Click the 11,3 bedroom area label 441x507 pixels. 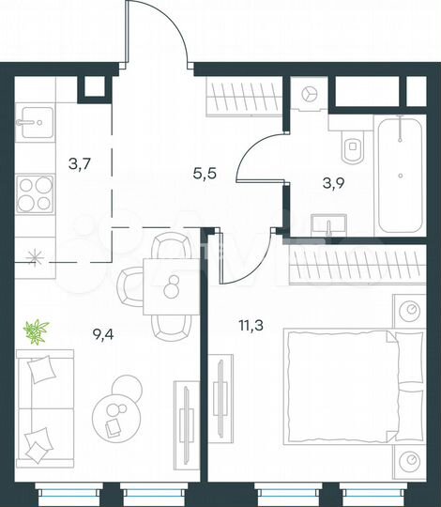(x=249, y=327)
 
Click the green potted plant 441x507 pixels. (x=37, y=330)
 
